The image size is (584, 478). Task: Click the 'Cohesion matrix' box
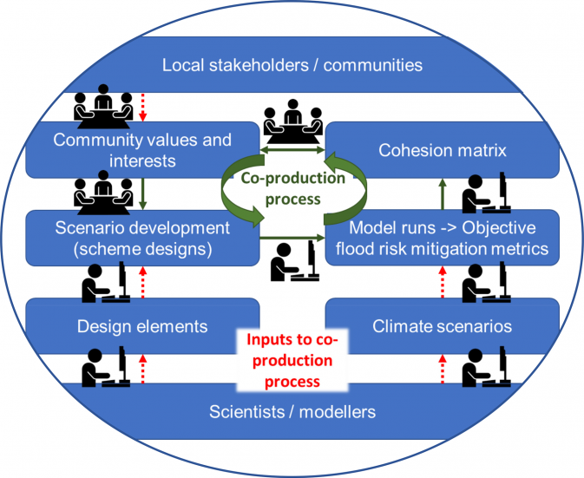(443, 150)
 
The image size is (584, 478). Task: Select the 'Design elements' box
(142, 326)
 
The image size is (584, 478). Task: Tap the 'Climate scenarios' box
(443, 326)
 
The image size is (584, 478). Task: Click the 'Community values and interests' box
(142, 150)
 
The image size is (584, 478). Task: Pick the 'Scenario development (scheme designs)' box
(142, 239)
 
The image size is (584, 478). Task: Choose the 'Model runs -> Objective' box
(443, 239)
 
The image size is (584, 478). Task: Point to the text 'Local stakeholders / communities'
(292, 65)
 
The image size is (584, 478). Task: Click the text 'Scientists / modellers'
(292, 412)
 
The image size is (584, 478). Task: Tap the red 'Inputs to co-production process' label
(292, 360)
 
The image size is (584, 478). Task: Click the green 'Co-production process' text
(292, 188)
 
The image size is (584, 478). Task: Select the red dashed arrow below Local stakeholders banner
(142, 108)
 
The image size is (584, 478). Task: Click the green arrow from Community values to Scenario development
(143, 193)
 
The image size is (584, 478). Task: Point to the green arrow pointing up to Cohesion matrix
(443, 193)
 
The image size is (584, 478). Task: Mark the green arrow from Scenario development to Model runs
(292, 238)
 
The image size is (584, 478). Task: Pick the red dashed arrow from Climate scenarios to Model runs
(443, 282)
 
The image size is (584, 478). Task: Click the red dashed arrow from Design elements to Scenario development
(142, 282)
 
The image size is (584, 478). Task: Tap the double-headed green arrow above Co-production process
(292, 150)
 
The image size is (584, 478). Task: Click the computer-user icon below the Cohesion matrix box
(487, 193)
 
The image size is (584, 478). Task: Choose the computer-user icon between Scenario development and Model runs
(295, 260)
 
